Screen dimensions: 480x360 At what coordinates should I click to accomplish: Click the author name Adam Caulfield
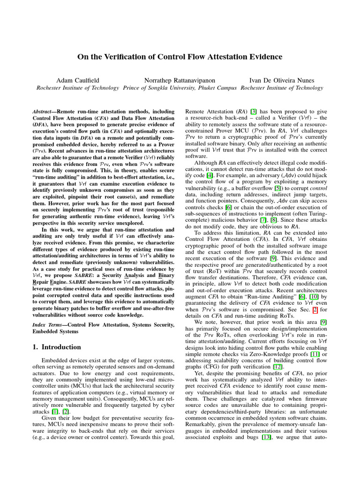tap(77, 80)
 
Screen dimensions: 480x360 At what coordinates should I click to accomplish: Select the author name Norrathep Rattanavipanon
tap(180, 80)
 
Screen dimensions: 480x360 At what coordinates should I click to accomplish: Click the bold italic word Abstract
tap(45, 112)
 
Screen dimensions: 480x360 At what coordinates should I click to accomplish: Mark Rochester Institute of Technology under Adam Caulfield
tap(77, 88)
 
